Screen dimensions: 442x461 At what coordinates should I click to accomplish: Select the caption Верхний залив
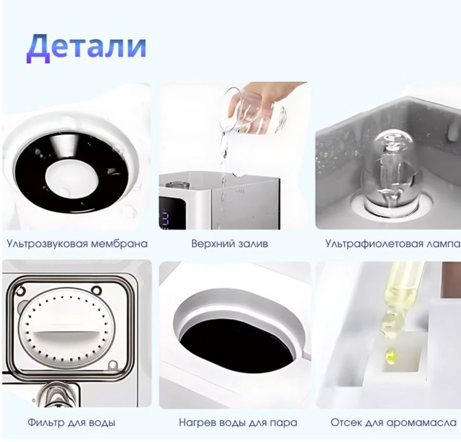coord(230,243)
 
